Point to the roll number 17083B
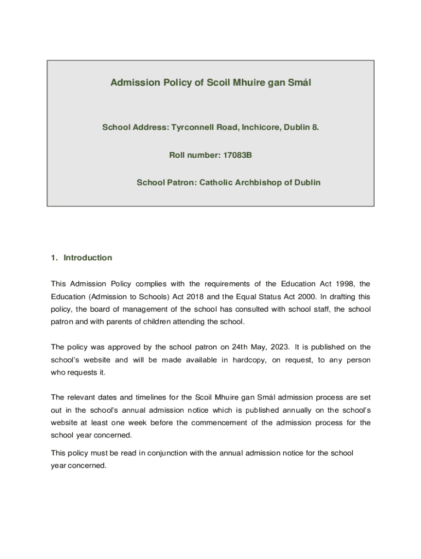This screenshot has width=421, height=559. coord(237,155)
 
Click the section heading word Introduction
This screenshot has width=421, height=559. coord(87,258)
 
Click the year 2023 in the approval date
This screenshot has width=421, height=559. coord(277,347)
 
